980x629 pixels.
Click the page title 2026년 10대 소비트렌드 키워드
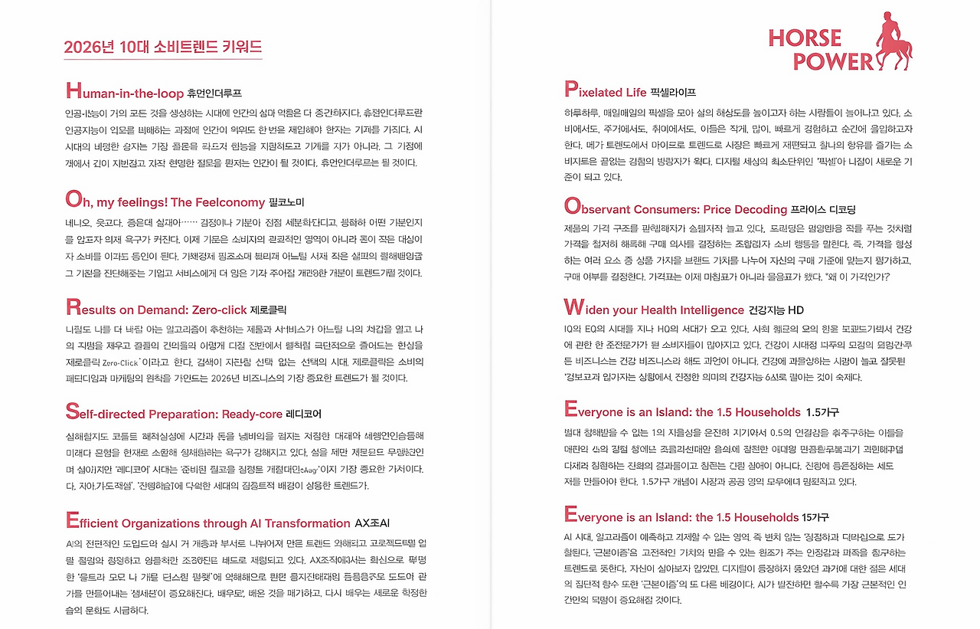tap(163, 46)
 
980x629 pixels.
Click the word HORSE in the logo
tap(804, 38)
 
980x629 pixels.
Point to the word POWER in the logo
tap(832, 61)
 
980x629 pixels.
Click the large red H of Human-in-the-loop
tap(73, 91)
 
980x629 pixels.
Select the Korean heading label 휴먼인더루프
tap(214, 93)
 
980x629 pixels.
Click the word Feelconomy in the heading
tap(229, 202)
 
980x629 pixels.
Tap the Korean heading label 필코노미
tap(286, 203)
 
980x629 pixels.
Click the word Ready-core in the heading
tap(252, 414)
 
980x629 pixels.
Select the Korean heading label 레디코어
tap(304, 414)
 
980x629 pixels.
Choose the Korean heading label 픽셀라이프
tap(673, 93)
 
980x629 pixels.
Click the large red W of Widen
tap(573, 308)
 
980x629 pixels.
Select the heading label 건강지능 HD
tap(776, 310)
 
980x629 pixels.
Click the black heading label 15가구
tap(815, 517)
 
